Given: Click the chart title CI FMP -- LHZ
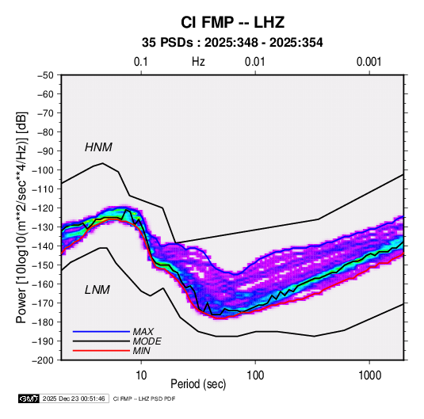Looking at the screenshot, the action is (232, 22).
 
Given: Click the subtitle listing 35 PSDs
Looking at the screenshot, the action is (232, 43).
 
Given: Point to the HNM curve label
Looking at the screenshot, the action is (98, 147).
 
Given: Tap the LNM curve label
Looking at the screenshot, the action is (97, 290).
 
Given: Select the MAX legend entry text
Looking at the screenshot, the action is (143, 332).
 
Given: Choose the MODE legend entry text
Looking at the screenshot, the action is (147, 341).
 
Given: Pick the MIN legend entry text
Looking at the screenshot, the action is (141, 351).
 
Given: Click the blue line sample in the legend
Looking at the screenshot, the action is (101, 332).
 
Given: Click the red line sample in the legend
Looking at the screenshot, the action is (101, 351).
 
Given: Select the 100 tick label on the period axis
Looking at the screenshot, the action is (255, 375).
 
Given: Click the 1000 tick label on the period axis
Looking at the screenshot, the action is (369, 375).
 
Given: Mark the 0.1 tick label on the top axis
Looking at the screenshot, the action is (141, 62).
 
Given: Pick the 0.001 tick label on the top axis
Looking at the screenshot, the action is (369, 62).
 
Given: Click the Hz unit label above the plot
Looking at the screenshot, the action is (198, 62).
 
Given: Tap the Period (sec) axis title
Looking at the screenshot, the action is (198, 384).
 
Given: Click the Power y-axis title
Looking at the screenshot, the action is (21, 217).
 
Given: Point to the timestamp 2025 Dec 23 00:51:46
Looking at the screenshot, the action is (74, 398).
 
